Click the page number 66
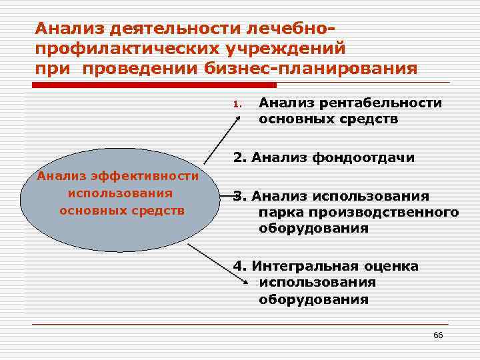point(437,334)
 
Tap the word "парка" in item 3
point(281,212)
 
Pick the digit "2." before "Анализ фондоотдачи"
point(239,158)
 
